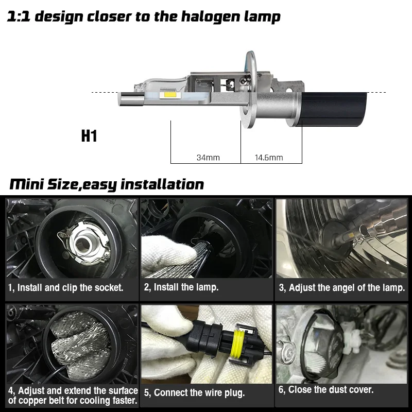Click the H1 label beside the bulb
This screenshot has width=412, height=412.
(89, 136)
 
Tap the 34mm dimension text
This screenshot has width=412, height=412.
(208, 157)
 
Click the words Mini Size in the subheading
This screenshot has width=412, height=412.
(43, 184)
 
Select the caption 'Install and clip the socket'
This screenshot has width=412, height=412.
(71, 287)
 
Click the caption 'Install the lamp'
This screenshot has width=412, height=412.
(181, 287)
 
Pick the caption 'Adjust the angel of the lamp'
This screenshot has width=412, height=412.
(342, 287)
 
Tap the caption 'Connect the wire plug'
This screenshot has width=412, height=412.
(195, 392)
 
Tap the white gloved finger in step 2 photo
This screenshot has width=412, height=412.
(160, 247)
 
